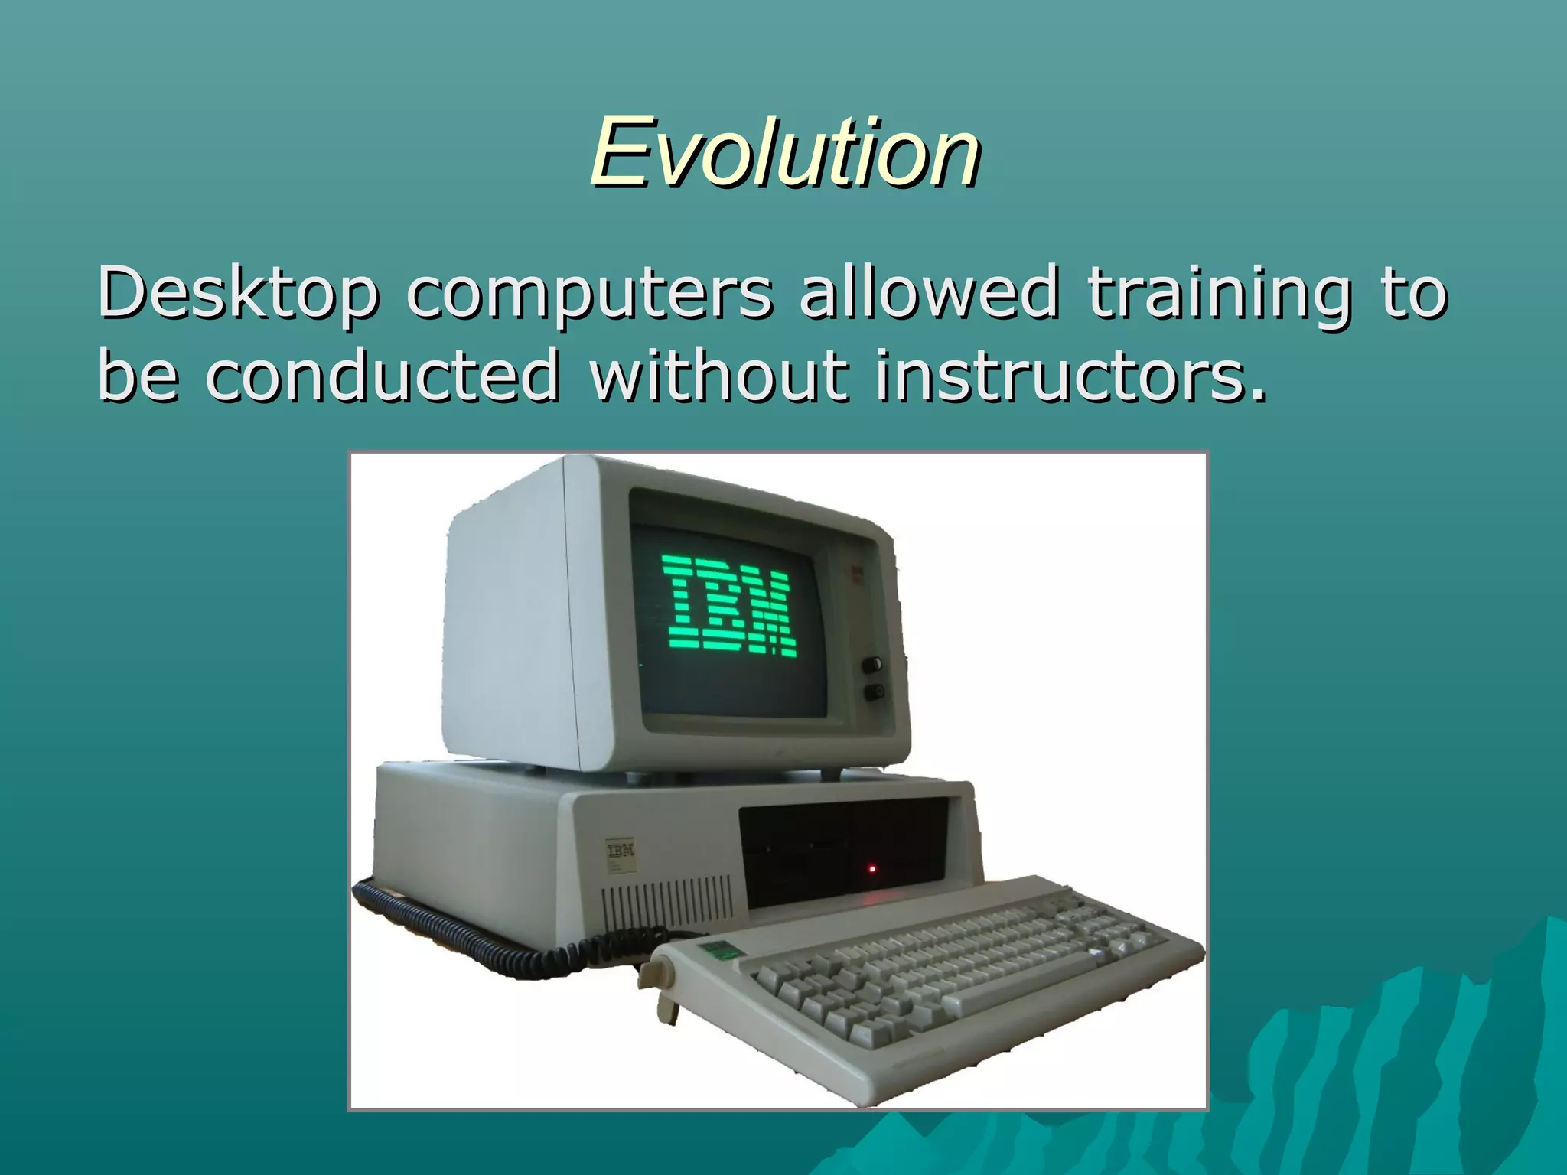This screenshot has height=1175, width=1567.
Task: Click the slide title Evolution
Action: click(x=785, y=152)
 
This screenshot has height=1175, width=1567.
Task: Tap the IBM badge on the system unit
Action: click(x=621, y=850)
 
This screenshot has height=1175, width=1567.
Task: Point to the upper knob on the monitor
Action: click(x=871, y=664)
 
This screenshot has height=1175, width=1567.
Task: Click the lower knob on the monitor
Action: click(x=873, y=693)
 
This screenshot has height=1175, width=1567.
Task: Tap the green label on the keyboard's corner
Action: click(x=718, y=949)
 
